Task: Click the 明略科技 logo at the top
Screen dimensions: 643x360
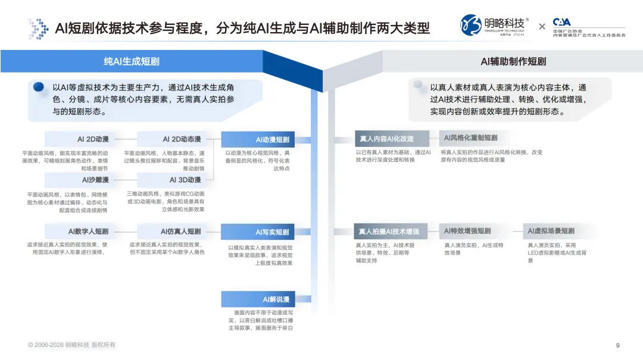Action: pyautogui.click(x=494, y=26)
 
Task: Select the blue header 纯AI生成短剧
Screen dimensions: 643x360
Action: pyautogui.click(x=132, y=61)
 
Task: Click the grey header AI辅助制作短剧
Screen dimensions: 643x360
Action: pyautogui.click(x=513, y=61)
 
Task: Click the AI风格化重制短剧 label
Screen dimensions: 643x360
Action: pyautogui.click(x=470, y=138)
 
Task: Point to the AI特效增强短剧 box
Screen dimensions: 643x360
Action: pyautogui.click(x=467, y=231)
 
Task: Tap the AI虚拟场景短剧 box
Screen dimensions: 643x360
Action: pyautogui.click(x=551, y=231)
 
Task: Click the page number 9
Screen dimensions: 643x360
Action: pyautogui.click(x=617, y=345)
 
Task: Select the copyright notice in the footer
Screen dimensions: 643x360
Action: pyautogui.click(x=71, y=345)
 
